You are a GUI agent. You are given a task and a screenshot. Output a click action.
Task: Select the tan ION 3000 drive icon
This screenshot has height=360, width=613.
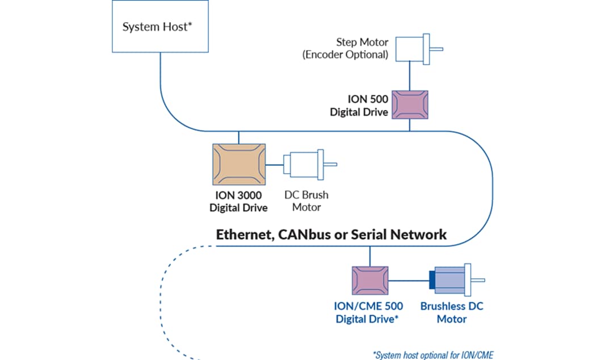[238, 164]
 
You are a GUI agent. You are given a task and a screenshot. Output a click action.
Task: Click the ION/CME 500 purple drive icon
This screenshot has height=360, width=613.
[370, 280]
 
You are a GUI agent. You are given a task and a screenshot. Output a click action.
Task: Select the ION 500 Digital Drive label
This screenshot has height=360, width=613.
[359, 106]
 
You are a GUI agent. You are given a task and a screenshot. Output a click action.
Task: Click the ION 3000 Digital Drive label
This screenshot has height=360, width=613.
[238, 201]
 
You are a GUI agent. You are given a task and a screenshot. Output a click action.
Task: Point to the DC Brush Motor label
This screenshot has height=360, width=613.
[306, 201]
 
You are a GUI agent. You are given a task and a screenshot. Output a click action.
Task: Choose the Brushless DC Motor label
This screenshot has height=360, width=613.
[452, 312]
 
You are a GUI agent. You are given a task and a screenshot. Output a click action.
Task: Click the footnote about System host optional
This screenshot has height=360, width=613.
[433, 355]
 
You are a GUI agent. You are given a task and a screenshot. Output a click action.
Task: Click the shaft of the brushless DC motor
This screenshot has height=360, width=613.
[478, 280]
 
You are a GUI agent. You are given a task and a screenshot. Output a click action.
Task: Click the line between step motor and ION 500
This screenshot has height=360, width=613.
[410, 76]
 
